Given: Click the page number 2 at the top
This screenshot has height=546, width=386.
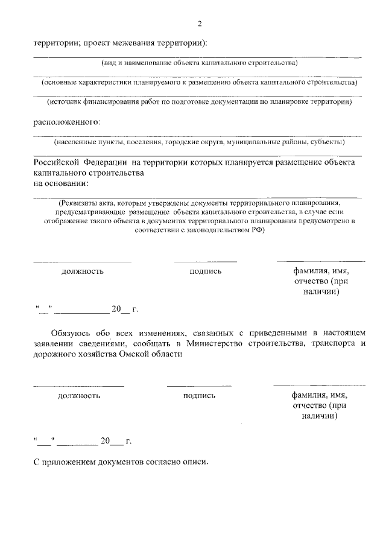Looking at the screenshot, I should tap(199, 24).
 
